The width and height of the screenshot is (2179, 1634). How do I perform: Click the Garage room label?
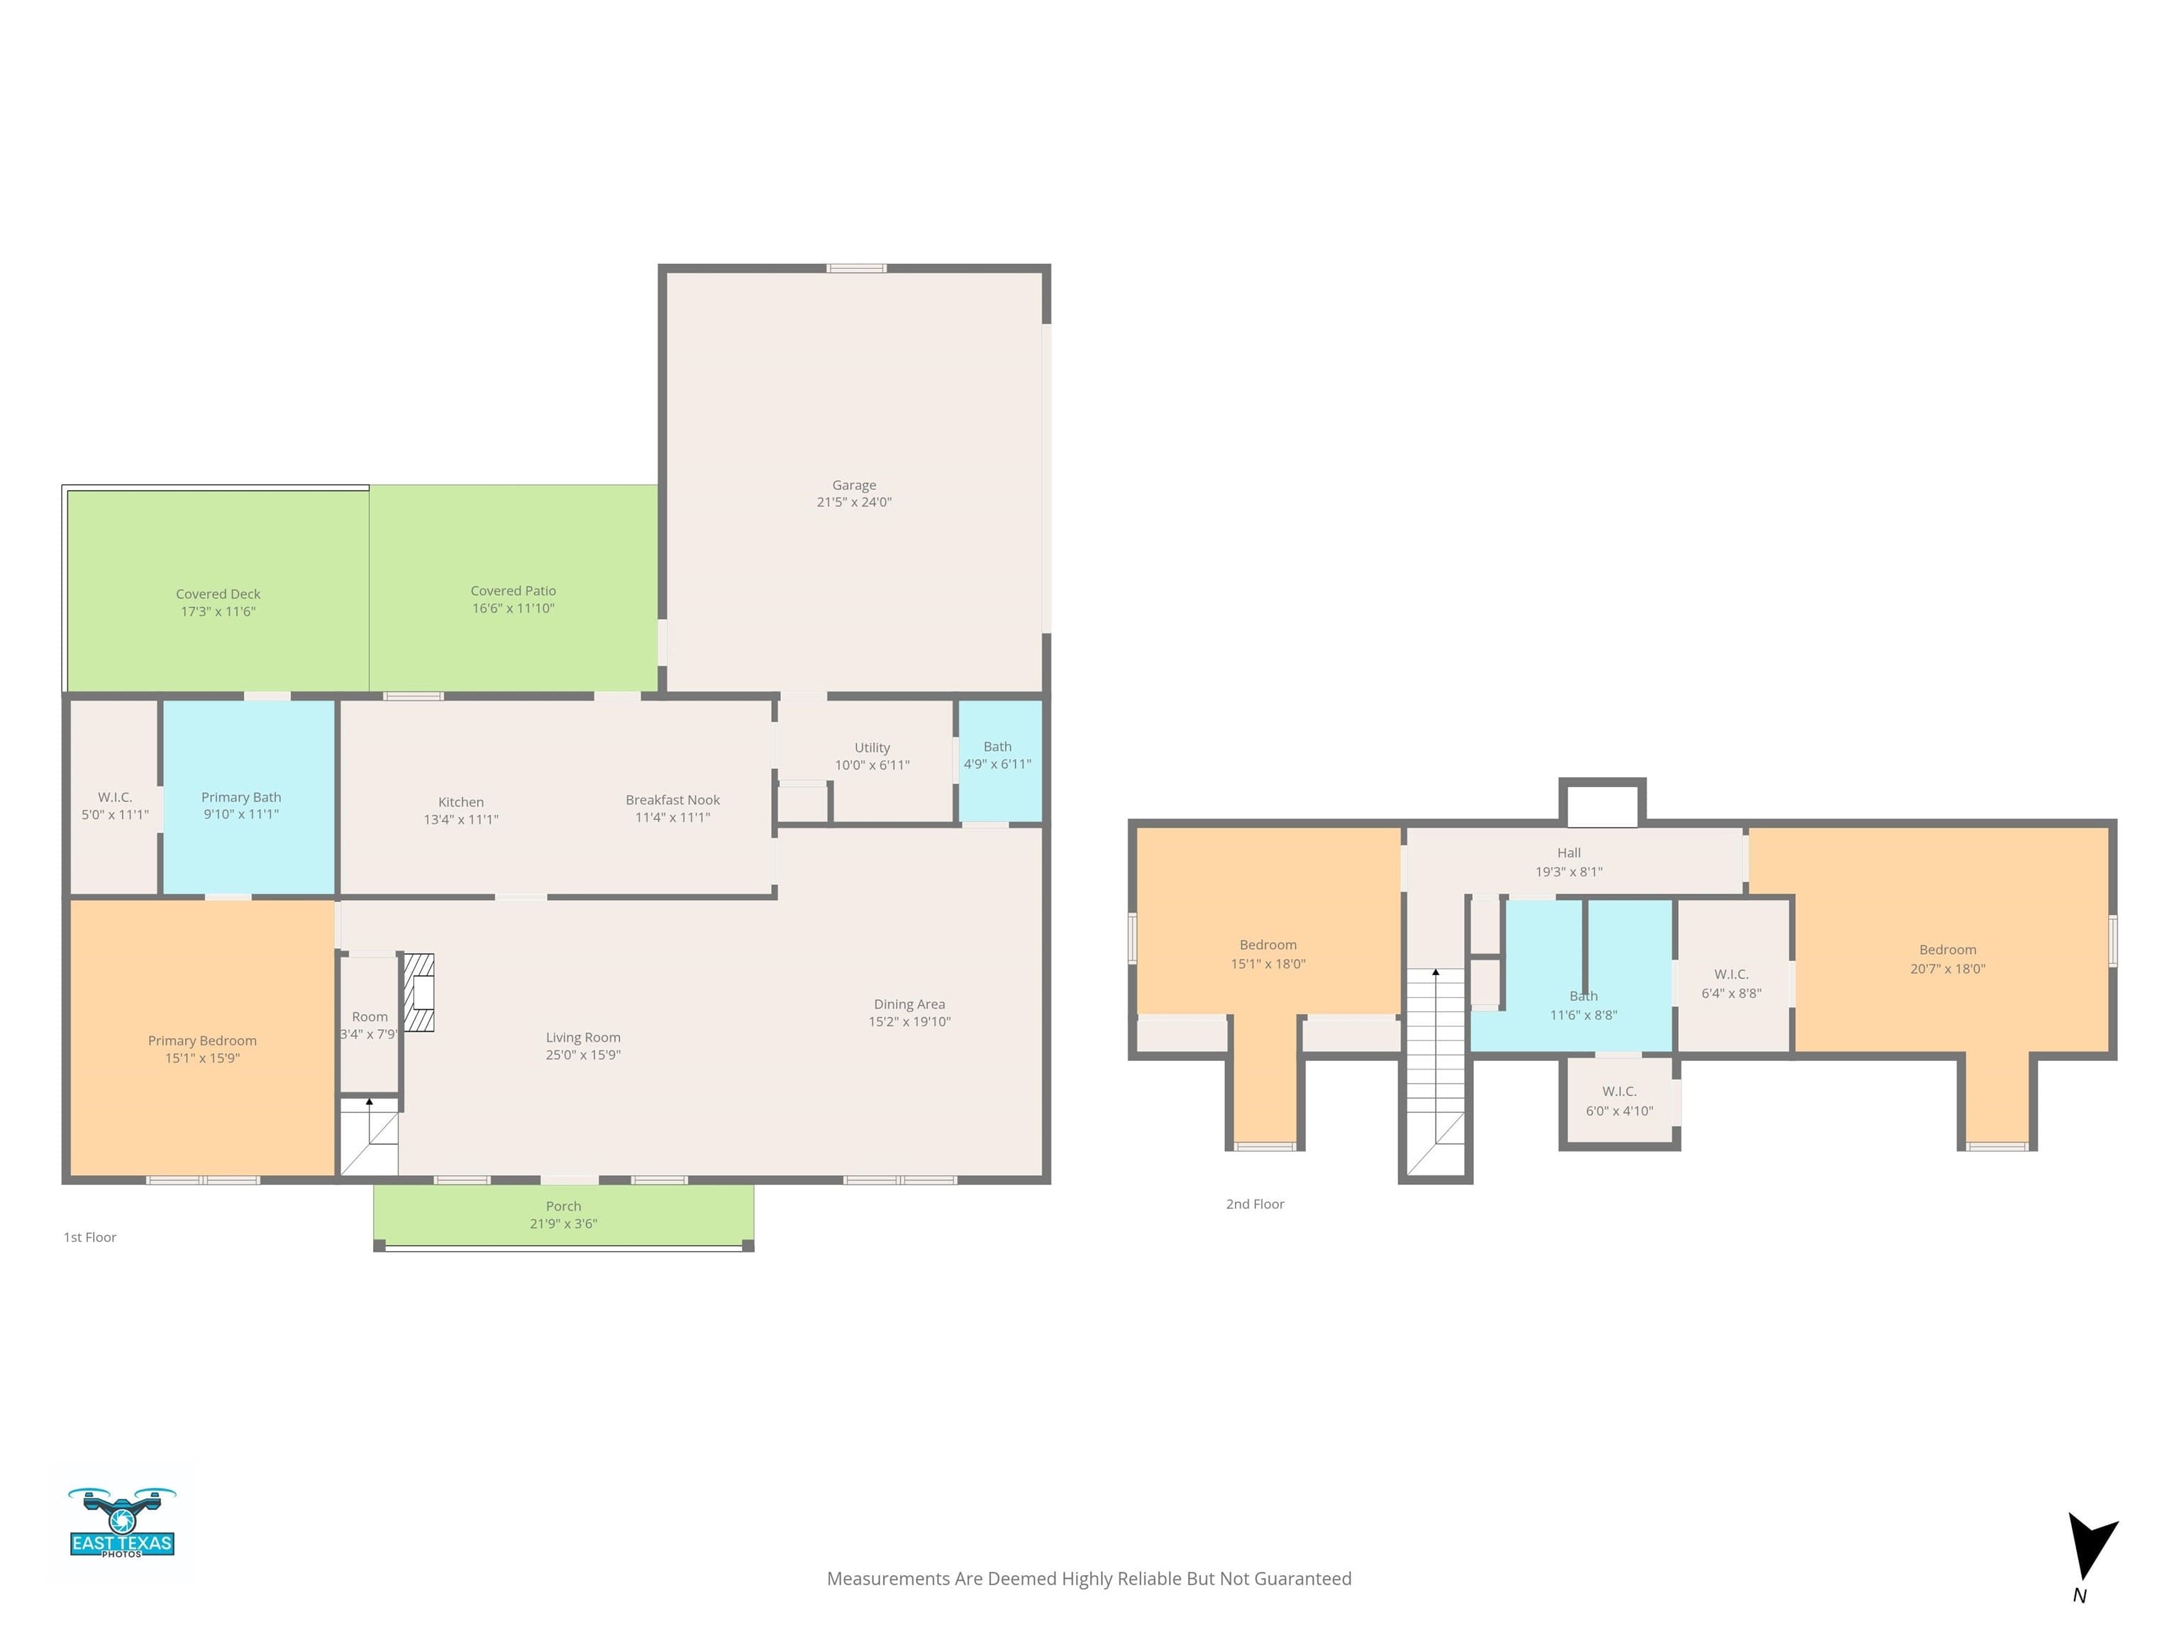[854, 484]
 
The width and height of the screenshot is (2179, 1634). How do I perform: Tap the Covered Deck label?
[218, 594]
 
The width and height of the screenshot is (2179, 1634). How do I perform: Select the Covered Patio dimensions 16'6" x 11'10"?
[514, 608]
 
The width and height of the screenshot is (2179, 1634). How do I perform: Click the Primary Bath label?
[241, 797]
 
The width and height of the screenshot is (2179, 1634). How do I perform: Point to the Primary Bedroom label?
[202, 1040]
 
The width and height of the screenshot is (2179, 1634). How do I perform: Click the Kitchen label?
[461, 801]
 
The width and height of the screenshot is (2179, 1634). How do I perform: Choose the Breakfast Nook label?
[673, 800]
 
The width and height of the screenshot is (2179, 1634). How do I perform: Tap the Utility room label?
[872, 747]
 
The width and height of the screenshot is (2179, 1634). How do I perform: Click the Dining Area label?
[909, 1004]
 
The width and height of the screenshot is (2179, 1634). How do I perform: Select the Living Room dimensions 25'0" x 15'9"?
[583, 1055]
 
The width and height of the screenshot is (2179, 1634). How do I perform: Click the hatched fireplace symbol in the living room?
[420, 992]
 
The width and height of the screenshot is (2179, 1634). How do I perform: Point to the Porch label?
[563, 1206]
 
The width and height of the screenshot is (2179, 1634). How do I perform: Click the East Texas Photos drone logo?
[122, 1522]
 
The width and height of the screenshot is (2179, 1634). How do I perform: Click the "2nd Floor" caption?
[1255, 1204]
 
